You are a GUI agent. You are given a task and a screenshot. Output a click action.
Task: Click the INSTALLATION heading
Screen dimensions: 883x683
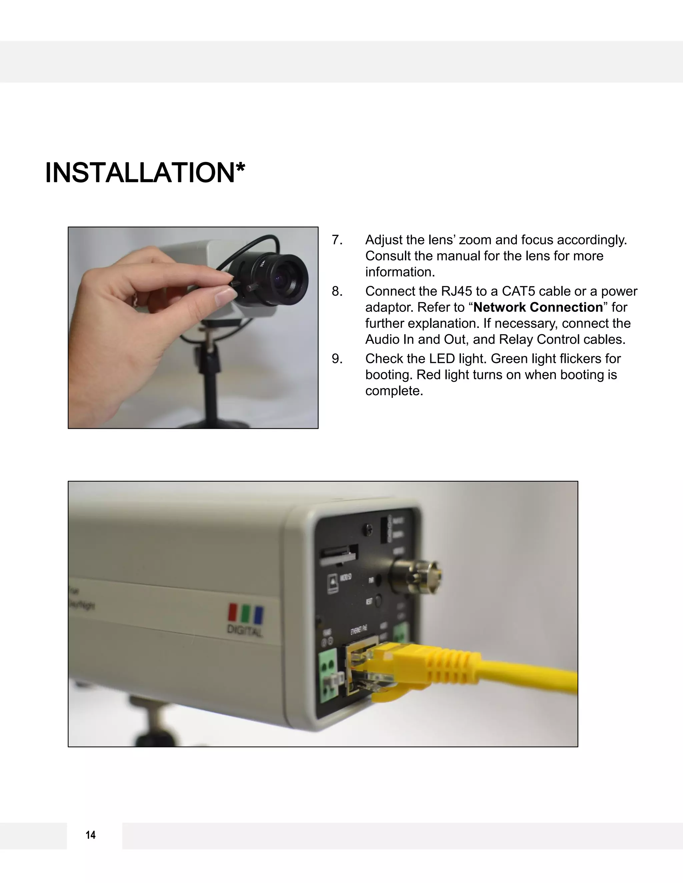coord(144,173)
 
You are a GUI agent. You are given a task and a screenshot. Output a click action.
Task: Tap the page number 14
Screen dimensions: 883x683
coord(91,835)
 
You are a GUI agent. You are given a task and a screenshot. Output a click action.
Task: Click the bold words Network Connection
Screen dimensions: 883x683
coord(538,307)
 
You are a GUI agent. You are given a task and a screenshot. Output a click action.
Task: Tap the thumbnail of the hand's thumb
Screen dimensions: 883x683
coord(222,296)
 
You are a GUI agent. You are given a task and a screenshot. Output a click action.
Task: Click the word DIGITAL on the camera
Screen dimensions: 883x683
coord(245,631)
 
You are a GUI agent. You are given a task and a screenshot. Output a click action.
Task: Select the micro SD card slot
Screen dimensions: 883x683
coord(339,553)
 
